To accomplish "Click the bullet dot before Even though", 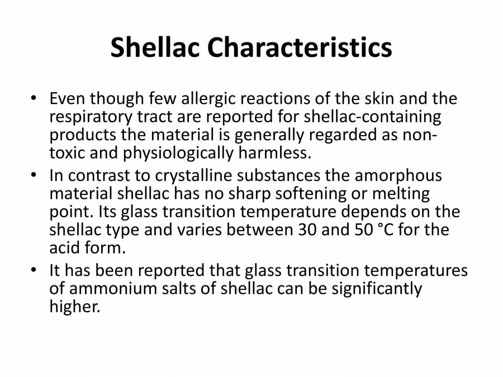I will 34,99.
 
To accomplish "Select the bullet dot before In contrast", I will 34,176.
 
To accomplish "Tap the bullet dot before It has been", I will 34,271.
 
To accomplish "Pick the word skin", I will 390,99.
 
